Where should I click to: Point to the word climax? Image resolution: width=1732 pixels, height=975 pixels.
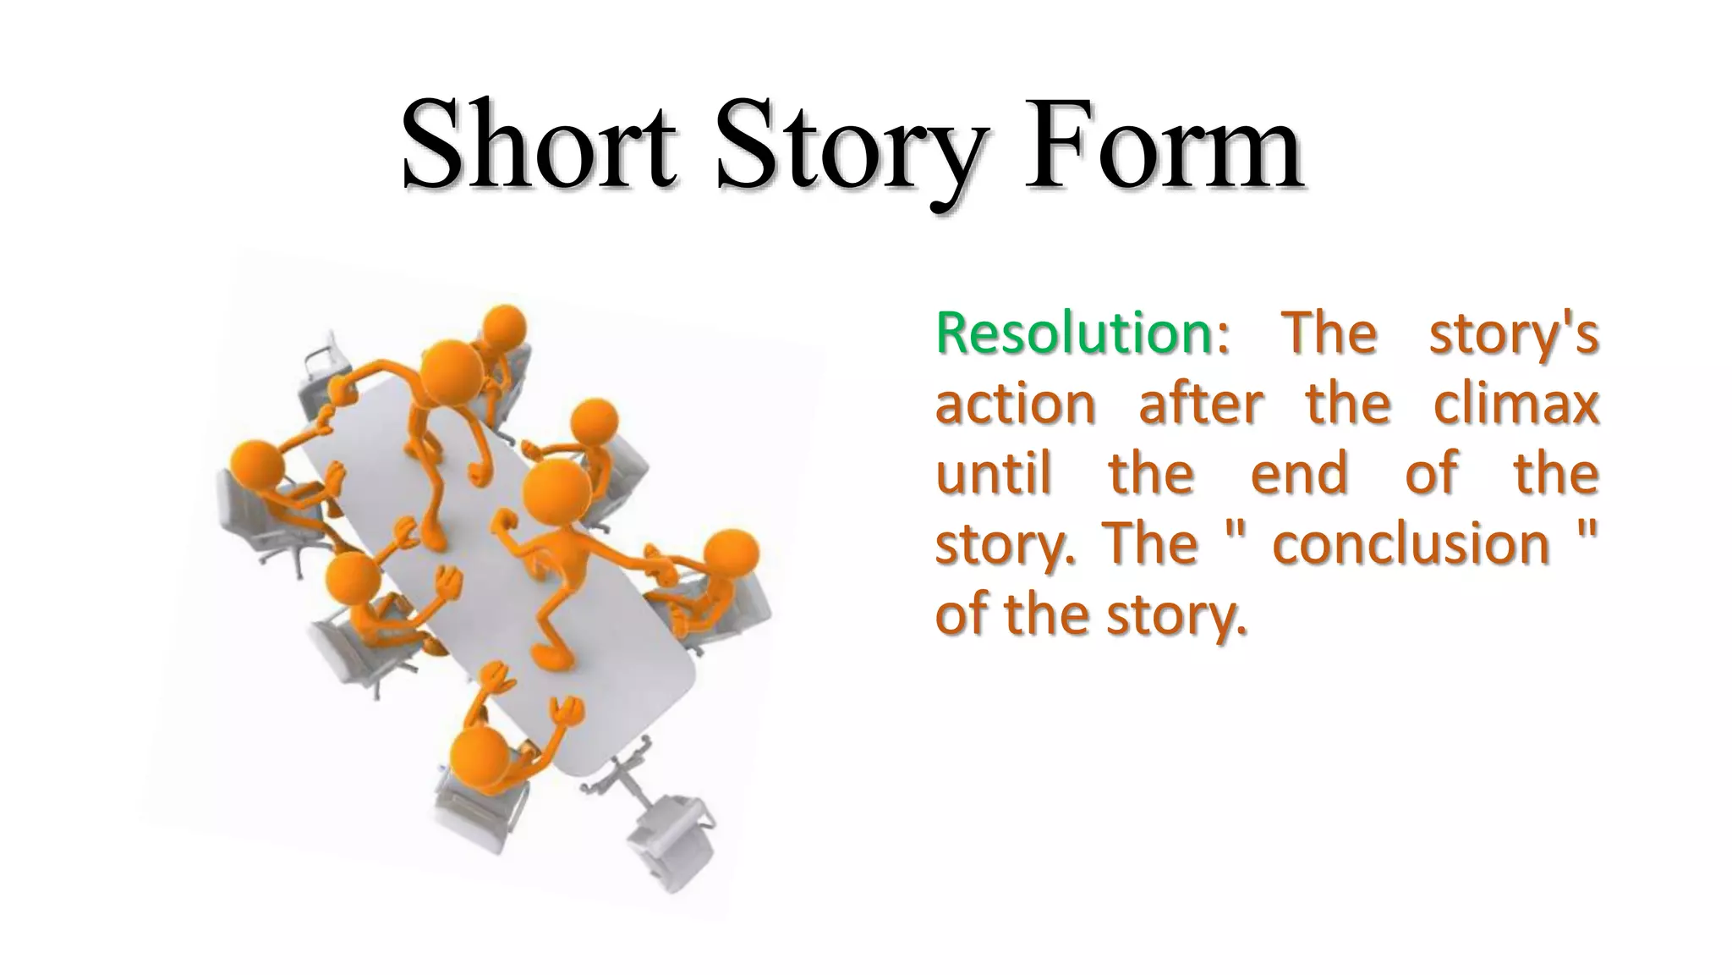(1515, 404)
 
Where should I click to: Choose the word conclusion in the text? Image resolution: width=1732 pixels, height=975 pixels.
(1411, 543)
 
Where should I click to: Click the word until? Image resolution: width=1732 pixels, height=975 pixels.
(994, 473)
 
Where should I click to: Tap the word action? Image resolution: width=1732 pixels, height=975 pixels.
(1015, 404)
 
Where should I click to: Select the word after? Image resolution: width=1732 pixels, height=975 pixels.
(1201, 404)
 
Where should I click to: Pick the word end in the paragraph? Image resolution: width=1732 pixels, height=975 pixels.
(1299, 473)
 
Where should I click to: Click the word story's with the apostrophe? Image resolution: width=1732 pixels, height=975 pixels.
(1514, 333)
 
